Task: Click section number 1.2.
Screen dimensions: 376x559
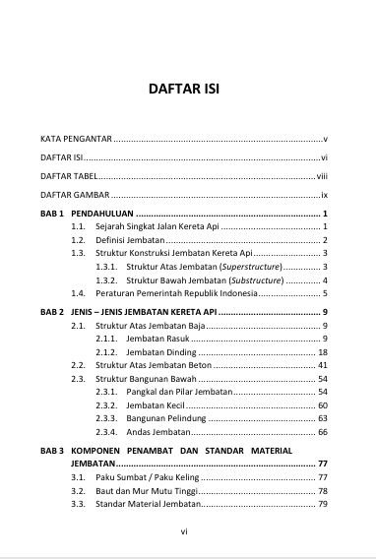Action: coord(77,240)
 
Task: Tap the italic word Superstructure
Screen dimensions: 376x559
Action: coord(250,267)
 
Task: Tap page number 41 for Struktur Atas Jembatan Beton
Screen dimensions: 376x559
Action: coord(322,365)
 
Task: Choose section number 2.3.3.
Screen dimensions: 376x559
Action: coord(105,418)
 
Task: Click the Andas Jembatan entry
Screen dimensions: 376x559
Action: coord(157,432)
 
